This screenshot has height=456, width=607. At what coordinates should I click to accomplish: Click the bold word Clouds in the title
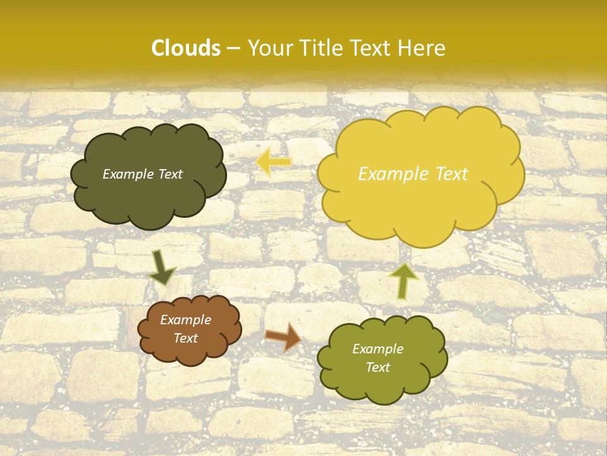pyautogui.click(x=186, y=48)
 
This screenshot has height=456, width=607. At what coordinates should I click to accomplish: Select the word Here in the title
pyautogui.click(x=423, y=48)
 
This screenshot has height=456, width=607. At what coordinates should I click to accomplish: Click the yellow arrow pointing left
pyautogui.click(x=273, y=161)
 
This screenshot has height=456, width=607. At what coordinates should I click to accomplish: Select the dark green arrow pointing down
pyautogui.click(x=161, y=268)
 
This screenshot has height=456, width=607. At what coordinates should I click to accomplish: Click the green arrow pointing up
pyautogui.click(x=403, y=281)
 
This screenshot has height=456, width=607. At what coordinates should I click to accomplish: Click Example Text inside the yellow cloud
pyautogui.click(x=413, y=174)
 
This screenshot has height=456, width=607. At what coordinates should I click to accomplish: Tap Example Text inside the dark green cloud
pyautogui.click(x=142, y=174)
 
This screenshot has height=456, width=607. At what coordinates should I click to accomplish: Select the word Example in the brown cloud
pyautogui.click(x=185, y=320)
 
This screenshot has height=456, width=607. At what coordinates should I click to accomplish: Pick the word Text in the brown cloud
pyautogui.click(x=185, y=338)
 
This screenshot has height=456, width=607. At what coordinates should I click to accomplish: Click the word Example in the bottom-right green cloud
pyautogui.click(x=377, y=349)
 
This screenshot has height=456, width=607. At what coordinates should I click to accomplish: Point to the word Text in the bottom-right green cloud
pyautogui.click(x=377, y=367)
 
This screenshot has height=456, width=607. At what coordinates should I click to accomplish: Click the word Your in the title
pyautogui.click(x=266, y=48)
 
